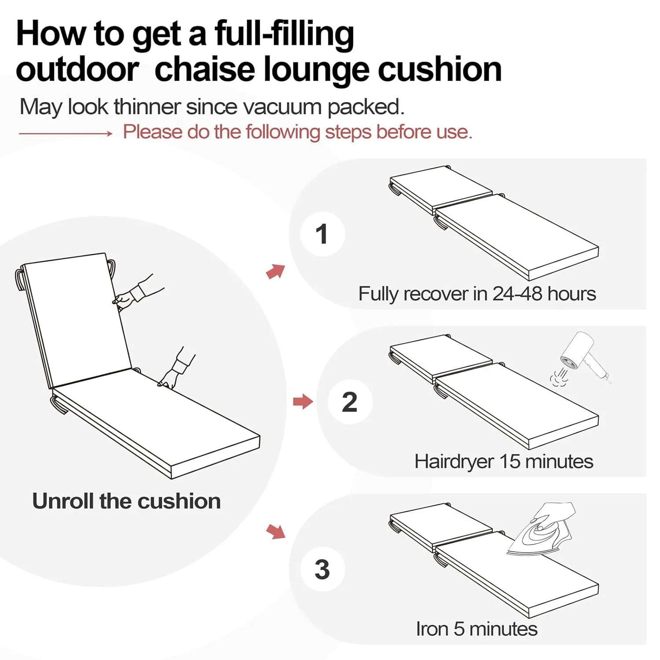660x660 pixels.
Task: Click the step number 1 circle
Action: pyautogui.click(x=322, y=234)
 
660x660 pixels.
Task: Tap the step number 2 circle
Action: pyautogui.click(x=350, y=402)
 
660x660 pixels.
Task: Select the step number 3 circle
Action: pyautogui.click(x=322, y=569)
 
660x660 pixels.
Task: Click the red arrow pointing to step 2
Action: pyautogui.click(x=303, y=401)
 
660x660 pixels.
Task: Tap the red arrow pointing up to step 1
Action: pyautogui.click(x=276, y=271)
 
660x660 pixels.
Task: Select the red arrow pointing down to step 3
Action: pyautogui.click(x=276, y=531)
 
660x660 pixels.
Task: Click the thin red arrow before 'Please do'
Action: pyautogui.click(x=66, y=133)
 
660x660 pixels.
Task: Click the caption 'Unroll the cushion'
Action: pyautogui.click(x=126, y=501)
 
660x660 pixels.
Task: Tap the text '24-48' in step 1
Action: pyautogui.click(x=517, y=294)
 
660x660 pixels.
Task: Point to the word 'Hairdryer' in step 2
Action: pyautogui.click(x=454, y=462)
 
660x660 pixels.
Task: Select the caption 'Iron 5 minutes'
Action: pyautogui.click(x=477, y=629)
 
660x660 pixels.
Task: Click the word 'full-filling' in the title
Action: pyautogui.click(x=284, y=34)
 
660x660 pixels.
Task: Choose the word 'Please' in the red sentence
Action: pyautogui.click(x=152, y=132)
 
